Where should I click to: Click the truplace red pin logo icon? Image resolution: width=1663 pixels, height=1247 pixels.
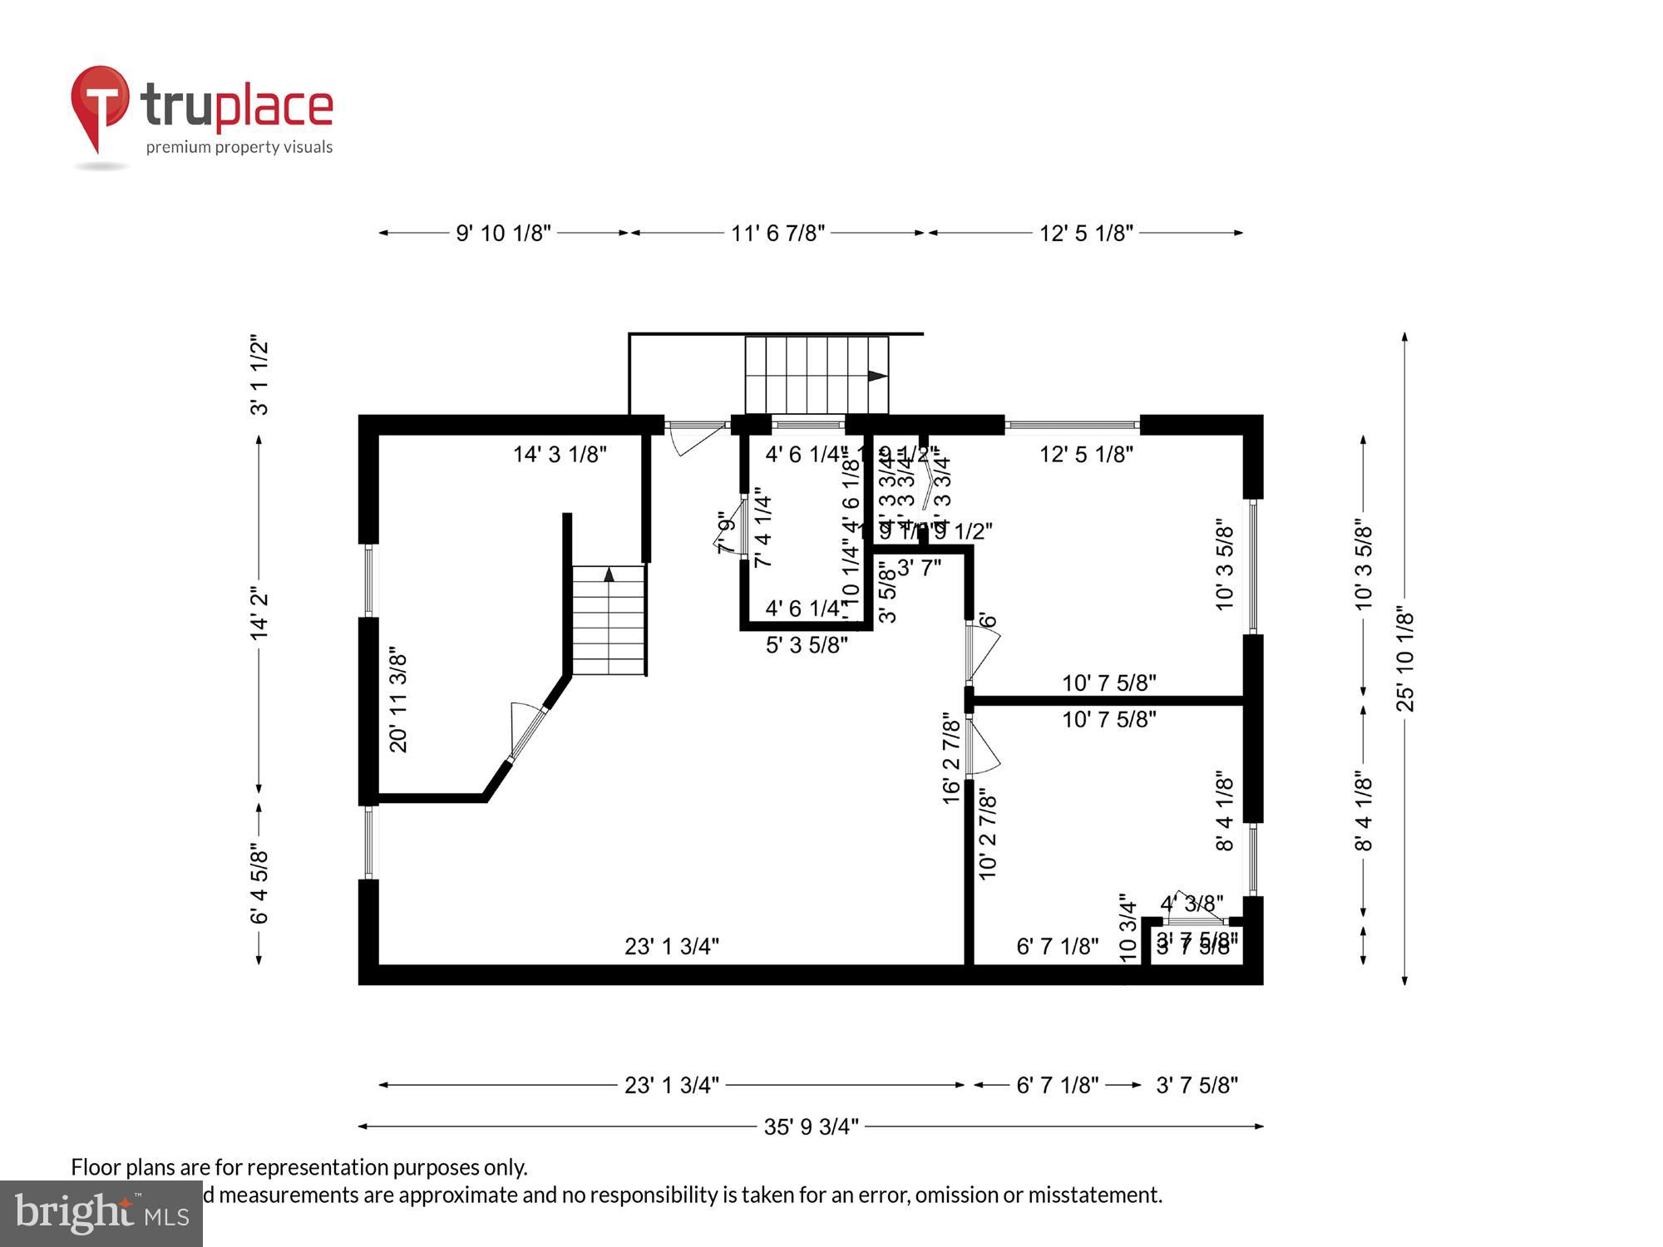pyautogui.click(x=100, y=104)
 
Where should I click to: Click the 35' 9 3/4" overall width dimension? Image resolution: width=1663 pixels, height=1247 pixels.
pyautogui.click(x=811, y=1126)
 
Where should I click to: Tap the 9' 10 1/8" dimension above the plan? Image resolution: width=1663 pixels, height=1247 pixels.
pyautogui.click(x=503, y=233)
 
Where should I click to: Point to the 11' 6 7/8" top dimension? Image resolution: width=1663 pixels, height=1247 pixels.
pyautogui.click(x=777, y=233)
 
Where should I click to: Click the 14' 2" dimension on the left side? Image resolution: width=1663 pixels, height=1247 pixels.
pyautogui.click(x=259, y=614)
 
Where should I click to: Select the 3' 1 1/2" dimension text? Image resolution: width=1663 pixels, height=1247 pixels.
pyautogui.click(x=259, y=375)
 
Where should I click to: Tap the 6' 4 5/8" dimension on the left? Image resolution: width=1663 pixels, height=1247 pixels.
pyautogui.click(x=259, y=885)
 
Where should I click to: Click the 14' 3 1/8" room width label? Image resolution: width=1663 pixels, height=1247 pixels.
pyautogui.click(x=560, y=454)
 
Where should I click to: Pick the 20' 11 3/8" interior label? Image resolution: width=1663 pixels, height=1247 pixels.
pyautogui.click(x=398, y=702)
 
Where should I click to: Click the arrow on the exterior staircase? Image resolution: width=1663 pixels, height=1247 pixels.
pyautogui.click(x=876, y=376)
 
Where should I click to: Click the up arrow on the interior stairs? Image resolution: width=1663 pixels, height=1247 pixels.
pyautogui.click(x=609, y=574)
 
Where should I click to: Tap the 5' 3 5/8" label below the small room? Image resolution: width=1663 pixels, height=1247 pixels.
pyautogui.click(x=806, y=645)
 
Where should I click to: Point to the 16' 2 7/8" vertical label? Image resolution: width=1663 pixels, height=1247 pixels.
pyautogui.click(x=951, y=757)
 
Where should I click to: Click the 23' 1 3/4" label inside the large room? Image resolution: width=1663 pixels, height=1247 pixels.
pyautogui.click(x=671, y=946)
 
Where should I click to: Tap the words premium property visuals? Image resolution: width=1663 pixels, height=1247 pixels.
pyautogui.click(x=239, y=147)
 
